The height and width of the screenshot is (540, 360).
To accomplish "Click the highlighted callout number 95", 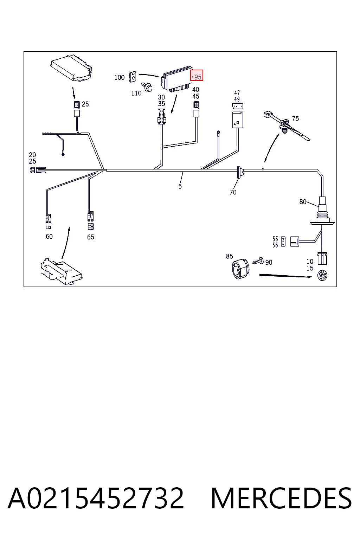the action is point(198,77).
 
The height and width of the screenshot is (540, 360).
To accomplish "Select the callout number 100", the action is point(120,77).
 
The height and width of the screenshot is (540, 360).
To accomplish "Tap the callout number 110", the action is point(136,93).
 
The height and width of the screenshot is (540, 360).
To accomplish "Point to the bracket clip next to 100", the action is point(133,77).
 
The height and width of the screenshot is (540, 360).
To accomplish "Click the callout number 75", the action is point(295,118).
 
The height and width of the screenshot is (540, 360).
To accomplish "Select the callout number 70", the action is point(233,192).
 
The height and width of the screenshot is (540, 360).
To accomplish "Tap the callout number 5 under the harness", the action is point(180,186).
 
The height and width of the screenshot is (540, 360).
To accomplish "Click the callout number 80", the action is point(303,201).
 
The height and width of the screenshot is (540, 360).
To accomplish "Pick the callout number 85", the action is point(229,256).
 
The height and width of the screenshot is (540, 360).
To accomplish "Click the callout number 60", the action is point(49,237).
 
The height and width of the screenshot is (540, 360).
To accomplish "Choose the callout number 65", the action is point(91,237).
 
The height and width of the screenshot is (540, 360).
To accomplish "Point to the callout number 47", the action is point(237,93).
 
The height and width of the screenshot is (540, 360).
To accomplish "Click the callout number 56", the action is point(275,245).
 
